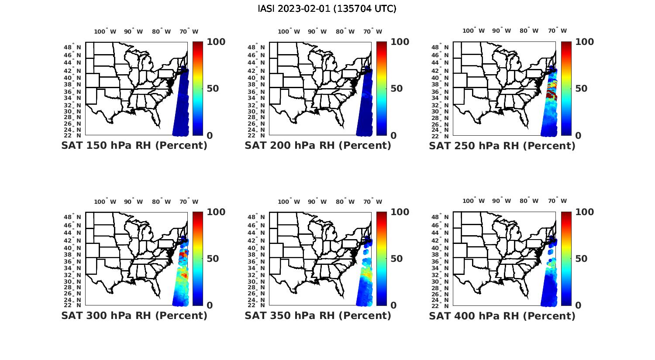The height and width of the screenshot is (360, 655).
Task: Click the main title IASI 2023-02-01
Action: coord(327,9)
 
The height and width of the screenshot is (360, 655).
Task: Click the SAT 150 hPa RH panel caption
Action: coord(134,146)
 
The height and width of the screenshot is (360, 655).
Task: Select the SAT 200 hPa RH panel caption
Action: coord(318,146)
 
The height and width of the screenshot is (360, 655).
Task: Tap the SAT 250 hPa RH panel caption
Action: coord(502,146)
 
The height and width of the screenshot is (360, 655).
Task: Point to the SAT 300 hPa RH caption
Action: coord(134,315)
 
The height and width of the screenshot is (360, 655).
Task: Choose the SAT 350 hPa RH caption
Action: coord(318,315)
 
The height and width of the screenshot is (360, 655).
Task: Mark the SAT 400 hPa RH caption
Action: coord(502,315)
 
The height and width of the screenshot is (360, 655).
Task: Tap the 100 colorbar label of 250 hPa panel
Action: coord(585,42)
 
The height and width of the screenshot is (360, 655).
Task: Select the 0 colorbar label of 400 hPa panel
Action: coord(578,305)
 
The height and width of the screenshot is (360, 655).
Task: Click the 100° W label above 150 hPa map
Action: coord(105,31)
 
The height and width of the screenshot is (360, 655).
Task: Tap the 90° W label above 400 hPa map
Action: coord(501,201)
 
